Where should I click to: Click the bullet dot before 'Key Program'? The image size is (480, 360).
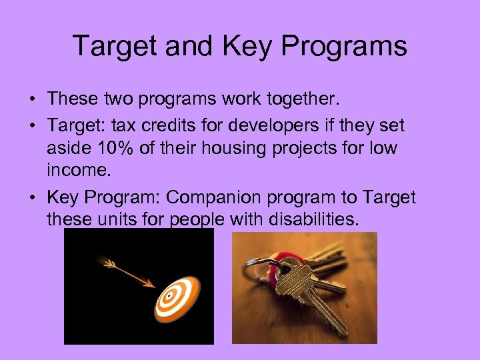(32, 198)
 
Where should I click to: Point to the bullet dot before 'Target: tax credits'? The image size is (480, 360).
(32, 125)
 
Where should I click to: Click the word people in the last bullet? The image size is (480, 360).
(198, 219)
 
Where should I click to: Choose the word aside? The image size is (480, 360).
(67, 148)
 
